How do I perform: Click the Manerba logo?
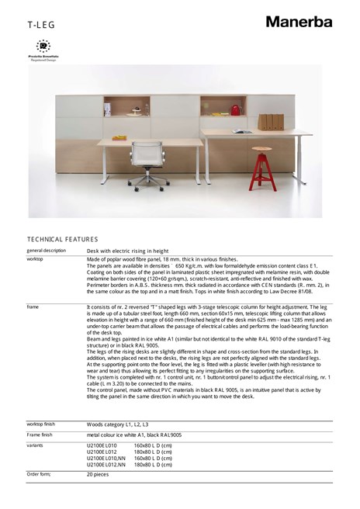298,21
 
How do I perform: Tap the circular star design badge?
43,47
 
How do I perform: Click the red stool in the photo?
262,162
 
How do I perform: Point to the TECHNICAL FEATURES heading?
63,239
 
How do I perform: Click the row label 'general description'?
47,251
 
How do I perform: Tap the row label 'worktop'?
35,259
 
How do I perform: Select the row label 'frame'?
33,307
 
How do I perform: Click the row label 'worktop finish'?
46,424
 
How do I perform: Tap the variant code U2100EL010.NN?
106,458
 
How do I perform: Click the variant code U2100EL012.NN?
106,464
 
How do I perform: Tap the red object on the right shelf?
235,110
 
